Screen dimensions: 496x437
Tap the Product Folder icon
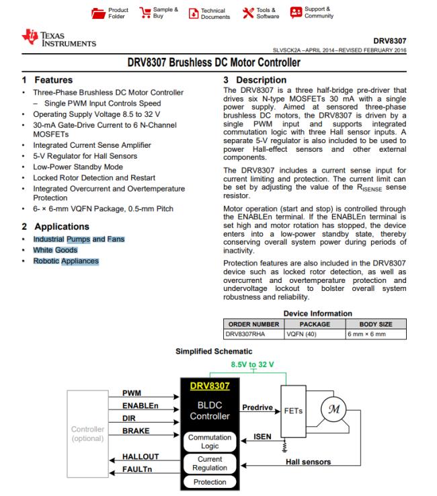98,13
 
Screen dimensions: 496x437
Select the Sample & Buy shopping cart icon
145,13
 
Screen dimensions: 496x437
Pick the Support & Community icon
296,13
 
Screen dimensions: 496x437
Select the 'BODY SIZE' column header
376,323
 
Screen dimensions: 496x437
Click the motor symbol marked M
331,409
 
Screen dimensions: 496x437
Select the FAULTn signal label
140,469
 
